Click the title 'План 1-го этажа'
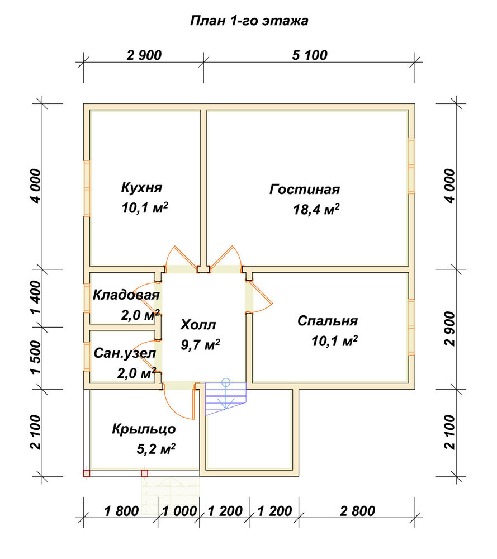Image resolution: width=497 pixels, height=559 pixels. coord(249,21)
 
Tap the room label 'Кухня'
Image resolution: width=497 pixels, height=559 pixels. coord(141,187)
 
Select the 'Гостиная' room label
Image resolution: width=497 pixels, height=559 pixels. coord(305,190)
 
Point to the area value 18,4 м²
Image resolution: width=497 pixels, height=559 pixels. coord(316,209)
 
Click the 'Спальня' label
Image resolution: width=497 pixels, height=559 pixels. coord(327,321)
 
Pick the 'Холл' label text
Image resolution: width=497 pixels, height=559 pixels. coord(198,325)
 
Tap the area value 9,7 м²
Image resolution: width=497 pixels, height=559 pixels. coord(200,345)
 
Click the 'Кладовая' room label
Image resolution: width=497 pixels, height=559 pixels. coord(126,295)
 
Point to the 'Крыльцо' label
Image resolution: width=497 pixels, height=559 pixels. coord(144,429)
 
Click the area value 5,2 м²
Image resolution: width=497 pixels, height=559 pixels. coord(156,449)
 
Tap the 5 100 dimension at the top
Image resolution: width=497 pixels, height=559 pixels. coord(310,55)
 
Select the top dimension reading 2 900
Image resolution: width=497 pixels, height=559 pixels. coord(144,55)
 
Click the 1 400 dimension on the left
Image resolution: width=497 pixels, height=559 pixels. coord(36,298)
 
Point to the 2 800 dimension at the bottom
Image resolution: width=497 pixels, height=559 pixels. coord(357,511)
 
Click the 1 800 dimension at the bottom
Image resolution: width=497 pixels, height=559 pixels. coord(121,511)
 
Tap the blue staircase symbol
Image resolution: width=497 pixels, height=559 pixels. coord(226,397)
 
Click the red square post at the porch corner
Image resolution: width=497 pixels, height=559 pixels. coord(86,473)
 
